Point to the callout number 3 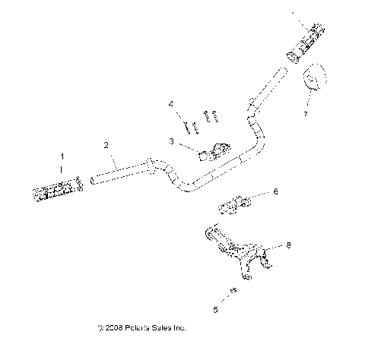172,141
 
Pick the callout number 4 171,103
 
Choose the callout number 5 214,309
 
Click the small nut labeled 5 233,291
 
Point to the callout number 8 288,245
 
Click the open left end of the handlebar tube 93,179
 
